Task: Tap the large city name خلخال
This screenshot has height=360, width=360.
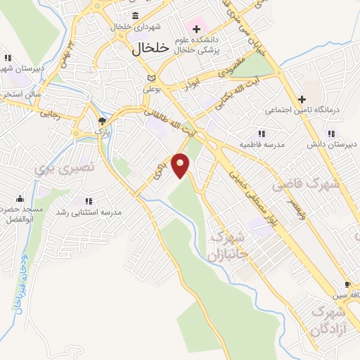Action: coord(151,49)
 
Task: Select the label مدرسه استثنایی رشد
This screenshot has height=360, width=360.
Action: coord(93,212)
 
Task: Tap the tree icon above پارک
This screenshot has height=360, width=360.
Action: coord(101,121)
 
